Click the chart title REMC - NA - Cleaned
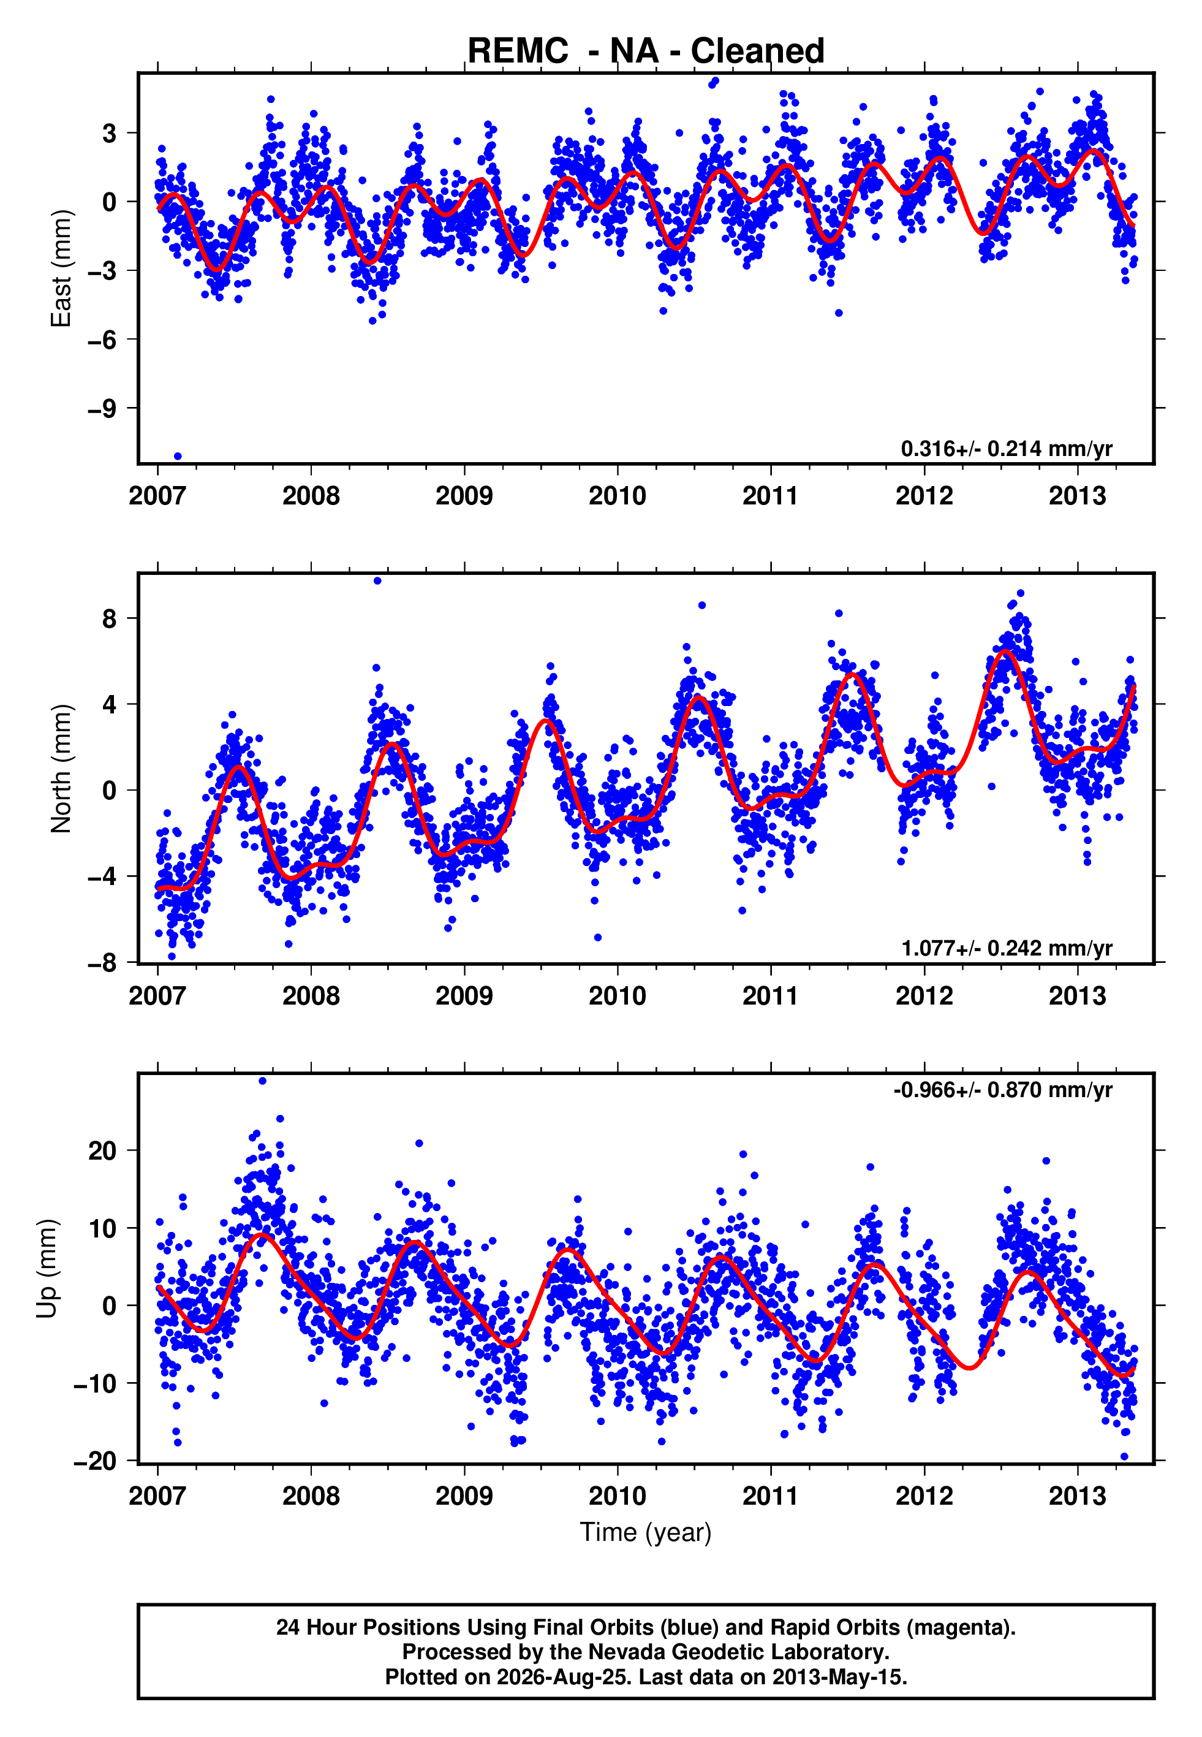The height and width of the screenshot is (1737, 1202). click(x=646, y=51)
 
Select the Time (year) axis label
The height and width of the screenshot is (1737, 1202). click(x=646, y=1532)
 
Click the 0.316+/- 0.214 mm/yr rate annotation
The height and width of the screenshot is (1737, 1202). click(x=1006, y=449)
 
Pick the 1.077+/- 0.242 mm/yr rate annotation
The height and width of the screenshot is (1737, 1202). click(x=1006, y=948)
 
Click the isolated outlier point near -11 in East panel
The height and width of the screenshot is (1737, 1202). click(x=178, y=456)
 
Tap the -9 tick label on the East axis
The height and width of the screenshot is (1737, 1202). click(x=102, y=408)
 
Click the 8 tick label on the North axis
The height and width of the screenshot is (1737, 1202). click(x=110, y=618)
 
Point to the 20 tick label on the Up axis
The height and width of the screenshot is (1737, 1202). click(x=103, y=1150)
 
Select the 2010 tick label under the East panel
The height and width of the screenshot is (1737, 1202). click(x=618, y=496)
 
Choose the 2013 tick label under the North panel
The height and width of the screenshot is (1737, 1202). click(x=1078, y=996)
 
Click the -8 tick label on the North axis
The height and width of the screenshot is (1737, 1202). click(x=102, y=963)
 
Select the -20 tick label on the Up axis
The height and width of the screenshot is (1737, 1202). click(x=96, y=1461)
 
